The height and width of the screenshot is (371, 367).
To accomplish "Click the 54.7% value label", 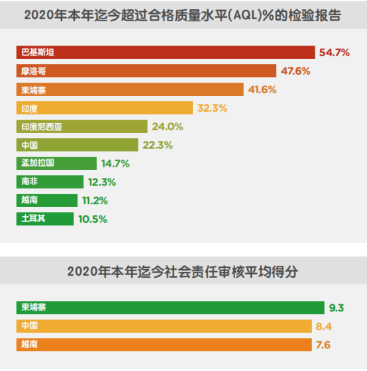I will coord(334,52).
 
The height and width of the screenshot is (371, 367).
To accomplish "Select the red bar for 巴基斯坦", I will coord(166,52).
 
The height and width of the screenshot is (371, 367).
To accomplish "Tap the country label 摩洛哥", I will coord(33,71).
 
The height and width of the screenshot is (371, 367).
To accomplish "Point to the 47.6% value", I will coord(295,71).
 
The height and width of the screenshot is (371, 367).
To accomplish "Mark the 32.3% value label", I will coord(212,108).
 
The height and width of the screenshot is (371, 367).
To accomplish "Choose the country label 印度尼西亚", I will coord(41,126).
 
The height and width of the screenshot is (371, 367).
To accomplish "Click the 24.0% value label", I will coord(167,126).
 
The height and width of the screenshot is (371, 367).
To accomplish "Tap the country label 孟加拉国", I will coord(37,163).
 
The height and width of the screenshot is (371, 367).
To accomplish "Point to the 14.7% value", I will coord(115,163).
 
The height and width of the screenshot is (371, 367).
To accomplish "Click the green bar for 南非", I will coord(50,182).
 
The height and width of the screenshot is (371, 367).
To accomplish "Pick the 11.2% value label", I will coord(93,200).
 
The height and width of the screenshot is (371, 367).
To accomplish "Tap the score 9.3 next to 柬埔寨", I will coord(337,308).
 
